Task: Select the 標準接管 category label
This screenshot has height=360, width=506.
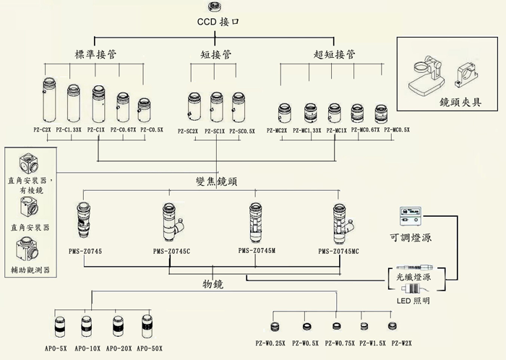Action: (97, 54)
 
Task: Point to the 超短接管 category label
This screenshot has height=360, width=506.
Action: (334, 54)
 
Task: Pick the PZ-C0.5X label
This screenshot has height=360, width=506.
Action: (152, 130)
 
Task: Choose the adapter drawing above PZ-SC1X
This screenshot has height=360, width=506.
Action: (216, 106)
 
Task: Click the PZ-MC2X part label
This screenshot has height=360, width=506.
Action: (277, 130)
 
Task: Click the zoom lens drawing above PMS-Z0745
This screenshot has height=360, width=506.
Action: (83, 220)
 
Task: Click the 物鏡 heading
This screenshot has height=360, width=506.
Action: (213, 285)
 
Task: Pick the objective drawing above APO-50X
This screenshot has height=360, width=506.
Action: (147, 326)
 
